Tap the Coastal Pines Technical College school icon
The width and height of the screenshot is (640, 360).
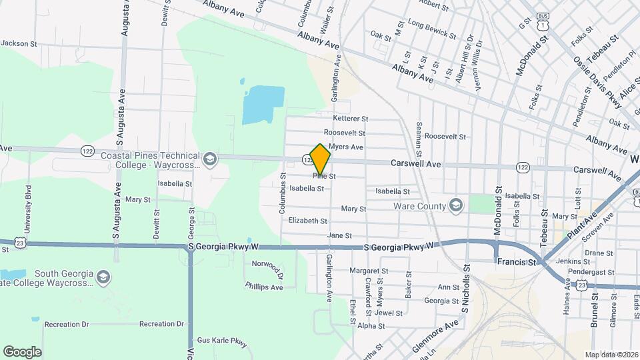click(210, 159)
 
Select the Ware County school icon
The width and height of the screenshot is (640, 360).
click(456, 205)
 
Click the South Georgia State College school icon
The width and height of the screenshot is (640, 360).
click(103, 277)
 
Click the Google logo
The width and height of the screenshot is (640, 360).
click(22, 352)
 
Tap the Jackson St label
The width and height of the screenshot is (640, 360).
click(17, 43)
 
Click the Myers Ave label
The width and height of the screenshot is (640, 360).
click(346, 147)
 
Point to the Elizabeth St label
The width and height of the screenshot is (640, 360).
click(307, 221)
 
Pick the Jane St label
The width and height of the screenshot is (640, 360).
click(339, 235)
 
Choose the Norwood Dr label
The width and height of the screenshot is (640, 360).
click(267, 265)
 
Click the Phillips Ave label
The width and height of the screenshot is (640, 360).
click(264, 287)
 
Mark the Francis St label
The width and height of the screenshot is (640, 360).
click(517, 263)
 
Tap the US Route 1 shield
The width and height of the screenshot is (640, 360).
click(545, 25)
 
